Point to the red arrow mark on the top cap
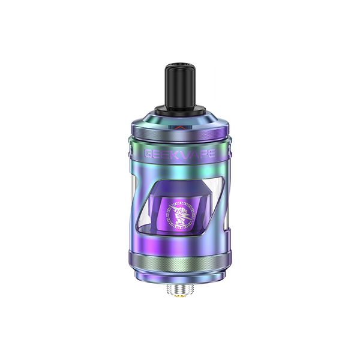click(x=179, y=128)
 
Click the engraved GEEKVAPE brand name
click(x=179, y=155)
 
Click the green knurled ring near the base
click(x=179, y=245)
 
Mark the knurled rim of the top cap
click(x=179, y=143)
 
